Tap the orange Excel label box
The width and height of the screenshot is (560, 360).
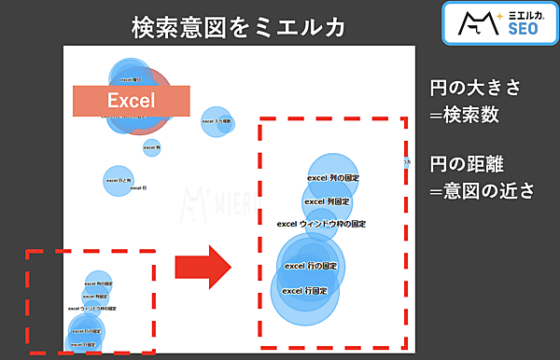(131, 101)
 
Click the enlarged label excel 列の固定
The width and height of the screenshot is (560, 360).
(333, 177)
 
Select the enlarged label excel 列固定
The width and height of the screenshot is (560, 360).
(328, 201)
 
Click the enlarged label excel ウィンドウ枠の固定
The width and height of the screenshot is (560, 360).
(322, 224)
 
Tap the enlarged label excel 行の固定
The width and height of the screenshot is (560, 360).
(310, 266)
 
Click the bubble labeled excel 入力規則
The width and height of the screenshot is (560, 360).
(217, 121)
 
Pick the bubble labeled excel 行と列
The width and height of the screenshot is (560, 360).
(118, 180)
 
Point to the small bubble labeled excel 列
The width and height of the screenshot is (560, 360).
(152, 147)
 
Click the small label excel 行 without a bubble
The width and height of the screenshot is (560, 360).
(138, 188)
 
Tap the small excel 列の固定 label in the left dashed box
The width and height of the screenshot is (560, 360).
(98, 283)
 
